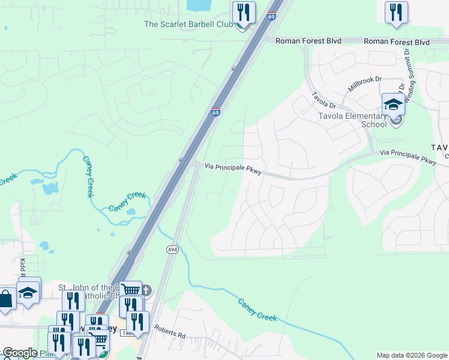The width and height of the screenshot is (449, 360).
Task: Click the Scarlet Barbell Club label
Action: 188,25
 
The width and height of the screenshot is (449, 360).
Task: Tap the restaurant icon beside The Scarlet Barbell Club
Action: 244,12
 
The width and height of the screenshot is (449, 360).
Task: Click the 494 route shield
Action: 170,248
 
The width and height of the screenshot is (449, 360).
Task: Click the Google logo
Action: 19,353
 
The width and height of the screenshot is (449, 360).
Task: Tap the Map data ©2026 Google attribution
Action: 411,355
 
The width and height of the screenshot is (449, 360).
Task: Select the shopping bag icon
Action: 5,299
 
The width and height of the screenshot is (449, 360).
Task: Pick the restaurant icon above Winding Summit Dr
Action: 396,12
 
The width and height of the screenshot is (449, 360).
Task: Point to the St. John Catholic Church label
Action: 90,290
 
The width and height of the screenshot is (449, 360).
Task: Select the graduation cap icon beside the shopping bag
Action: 28,292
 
